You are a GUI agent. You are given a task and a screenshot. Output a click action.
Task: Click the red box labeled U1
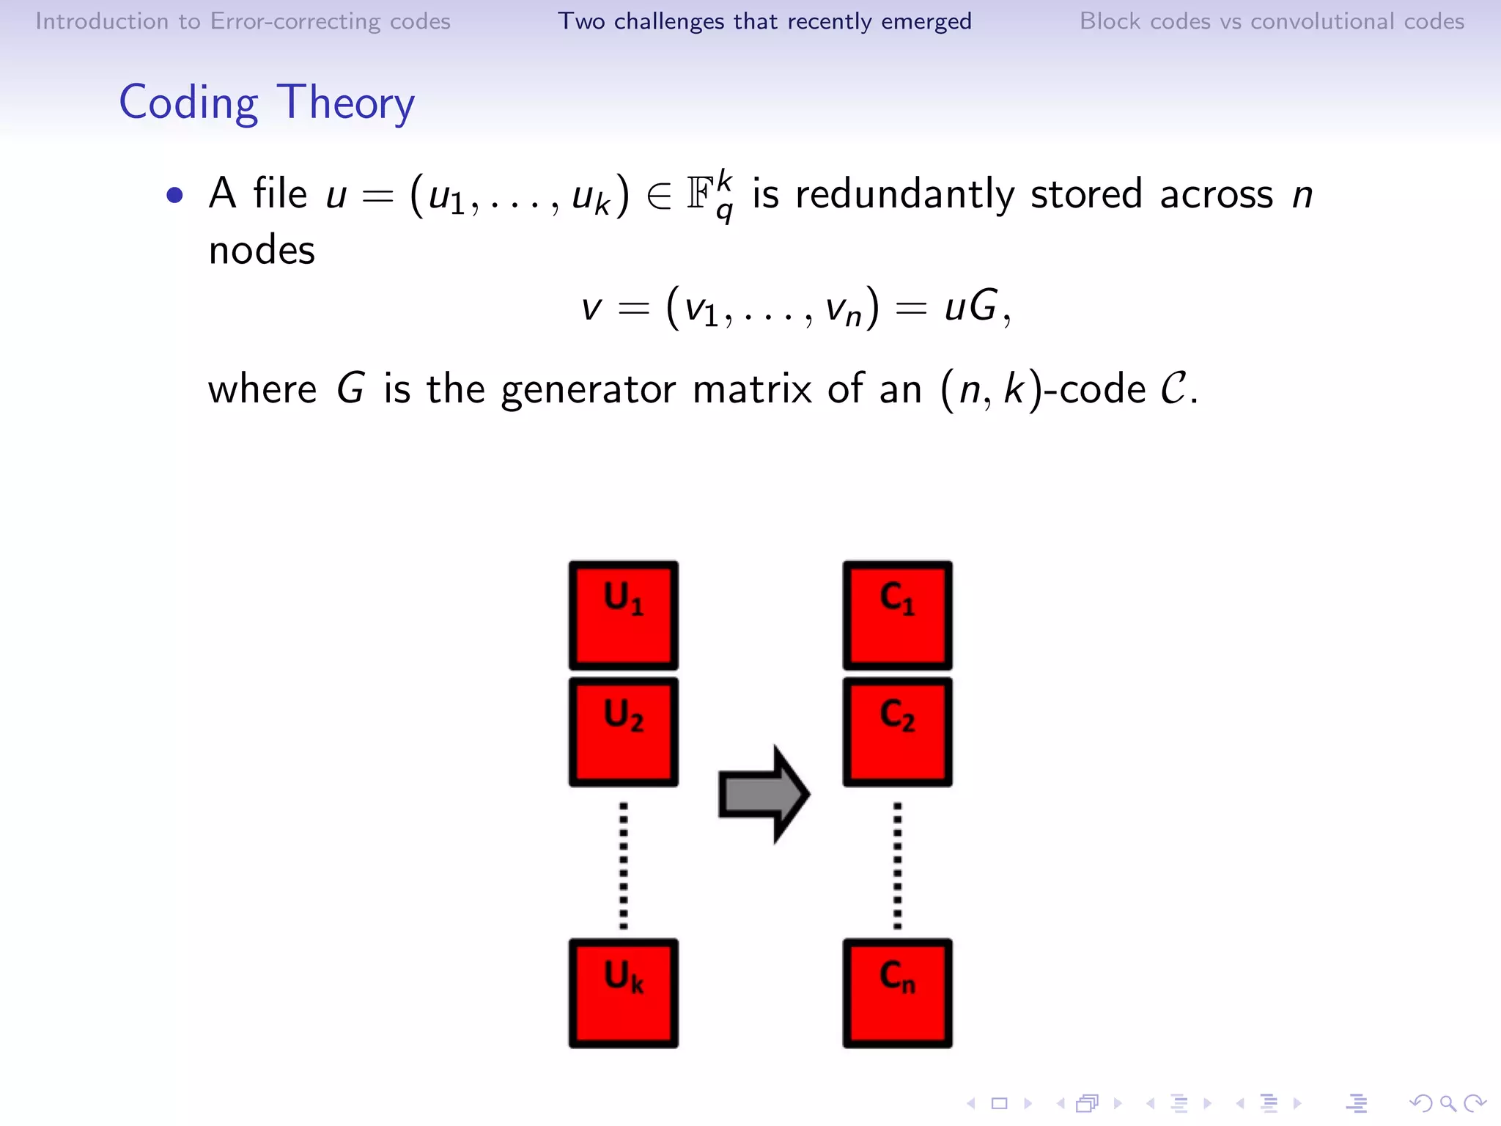623,616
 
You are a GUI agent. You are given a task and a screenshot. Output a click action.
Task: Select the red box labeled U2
623,732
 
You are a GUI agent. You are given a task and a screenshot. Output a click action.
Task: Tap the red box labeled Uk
623,993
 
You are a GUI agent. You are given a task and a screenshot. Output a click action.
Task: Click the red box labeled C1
897,616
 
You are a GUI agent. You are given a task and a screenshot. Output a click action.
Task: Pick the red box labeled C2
897,732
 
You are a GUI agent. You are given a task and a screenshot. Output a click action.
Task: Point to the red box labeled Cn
897,993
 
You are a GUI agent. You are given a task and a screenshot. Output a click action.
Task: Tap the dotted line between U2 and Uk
624,865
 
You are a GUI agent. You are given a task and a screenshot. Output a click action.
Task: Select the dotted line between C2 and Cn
898,865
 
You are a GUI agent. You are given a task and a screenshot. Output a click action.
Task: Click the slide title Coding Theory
267,103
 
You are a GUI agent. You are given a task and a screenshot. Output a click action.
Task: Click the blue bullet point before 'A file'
174,195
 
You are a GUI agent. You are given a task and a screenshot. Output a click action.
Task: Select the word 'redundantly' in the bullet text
904,195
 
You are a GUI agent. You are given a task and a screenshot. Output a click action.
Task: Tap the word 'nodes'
262,251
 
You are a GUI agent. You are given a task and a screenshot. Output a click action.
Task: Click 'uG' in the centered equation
970,306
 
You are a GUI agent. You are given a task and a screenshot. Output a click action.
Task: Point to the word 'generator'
588,390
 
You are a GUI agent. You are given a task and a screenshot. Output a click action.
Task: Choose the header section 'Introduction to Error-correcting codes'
243,21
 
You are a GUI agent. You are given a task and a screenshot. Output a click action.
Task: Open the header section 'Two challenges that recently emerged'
764,21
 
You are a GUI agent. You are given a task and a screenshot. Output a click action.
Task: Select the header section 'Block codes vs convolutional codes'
1272,21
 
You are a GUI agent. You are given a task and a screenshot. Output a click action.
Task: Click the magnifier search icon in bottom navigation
1447,1103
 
